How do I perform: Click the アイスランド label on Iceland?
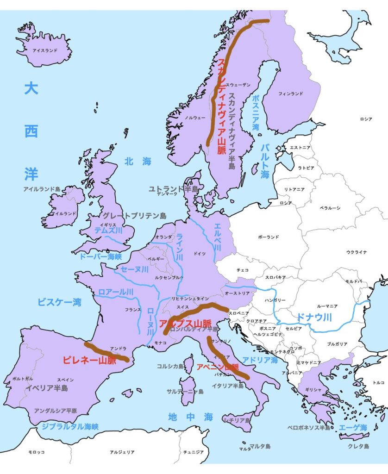tap(45, 50)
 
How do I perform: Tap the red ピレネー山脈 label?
tap(89, 360)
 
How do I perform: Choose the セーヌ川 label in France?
tap(134, 269)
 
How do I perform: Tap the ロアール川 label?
tap(116, 292)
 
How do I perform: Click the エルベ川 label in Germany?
tap(217, 237)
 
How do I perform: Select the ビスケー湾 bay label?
tap(59, 302)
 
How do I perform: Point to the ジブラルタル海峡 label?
tap(70, 426)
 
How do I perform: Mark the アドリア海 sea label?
tap(260, 360)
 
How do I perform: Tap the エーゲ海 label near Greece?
tap(353, 427)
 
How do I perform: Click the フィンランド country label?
tap(290, 94)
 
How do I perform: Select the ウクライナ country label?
tap(356, 252)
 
